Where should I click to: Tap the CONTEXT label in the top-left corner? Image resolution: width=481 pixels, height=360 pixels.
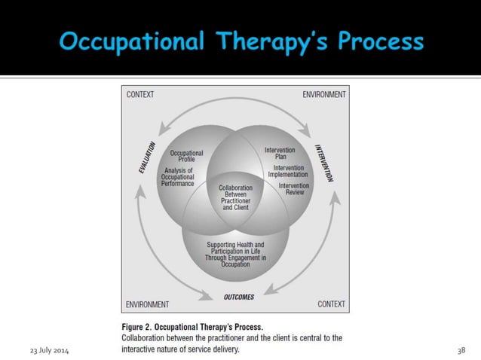(x=140, y=94)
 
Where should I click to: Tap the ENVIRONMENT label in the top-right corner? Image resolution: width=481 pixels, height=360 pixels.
(x=324, y=94)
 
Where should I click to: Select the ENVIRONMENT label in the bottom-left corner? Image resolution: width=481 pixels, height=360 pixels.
(x=147, y=304)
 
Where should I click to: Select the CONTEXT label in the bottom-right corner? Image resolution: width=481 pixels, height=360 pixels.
(x=331, y=304)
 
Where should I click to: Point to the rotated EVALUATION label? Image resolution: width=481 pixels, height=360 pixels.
(x=147, y=158)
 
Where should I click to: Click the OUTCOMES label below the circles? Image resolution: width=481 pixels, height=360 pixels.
(x=239, y=297)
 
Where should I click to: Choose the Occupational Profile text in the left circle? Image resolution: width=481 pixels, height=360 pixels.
(x=186, y=156)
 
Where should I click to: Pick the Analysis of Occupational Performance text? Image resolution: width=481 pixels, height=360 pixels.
(x=179, y=177)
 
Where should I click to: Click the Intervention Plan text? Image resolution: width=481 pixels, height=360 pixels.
(x=280, y=154)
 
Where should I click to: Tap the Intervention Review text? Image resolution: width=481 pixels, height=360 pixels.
(x=293, y=188)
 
